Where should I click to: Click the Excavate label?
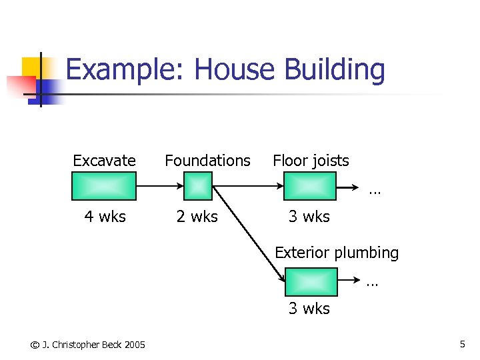pos(104,161)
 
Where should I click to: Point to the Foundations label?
pos(207,161)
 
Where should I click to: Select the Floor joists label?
pos(311,161)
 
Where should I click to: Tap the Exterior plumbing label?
pos(337,253)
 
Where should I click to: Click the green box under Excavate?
pos(104,186)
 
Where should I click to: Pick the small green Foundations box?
pos(197,186)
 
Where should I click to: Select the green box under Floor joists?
pos(310,186)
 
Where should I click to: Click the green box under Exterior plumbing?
pos(311,281)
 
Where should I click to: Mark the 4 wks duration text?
pos(105,217)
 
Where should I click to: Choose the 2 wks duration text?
pos(197,217)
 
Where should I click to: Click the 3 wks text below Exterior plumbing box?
pos(309,309)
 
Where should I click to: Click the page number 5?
pos(462,344)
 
